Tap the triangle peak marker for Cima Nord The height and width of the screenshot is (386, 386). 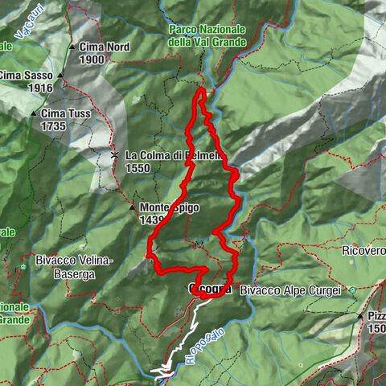(x=71, y=47)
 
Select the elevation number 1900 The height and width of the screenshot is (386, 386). (x=92, y=60)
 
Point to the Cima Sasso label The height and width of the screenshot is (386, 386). (x=23, y=76)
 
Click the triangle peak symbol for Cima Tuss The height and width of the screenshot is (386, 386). (x=33, y=114)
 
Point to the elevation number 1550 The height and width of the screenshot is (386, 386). (x=138, y=167)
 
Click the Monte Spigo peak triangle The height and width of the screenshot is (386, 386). (x=132, y=207)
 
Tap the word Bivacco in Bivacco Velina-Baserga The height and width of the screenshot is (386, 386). (x=54, y=261)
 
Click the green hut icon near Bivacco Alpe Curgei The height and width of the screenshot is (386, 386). (x=351, y=289)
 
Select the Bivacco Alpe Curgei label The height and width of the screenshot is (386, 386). (x=290, y=289)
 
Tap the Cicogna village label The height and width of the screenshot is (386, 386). (x=210, y=288)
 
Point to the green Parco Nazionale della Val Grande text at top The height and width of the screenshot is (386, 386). (x=201, y=35)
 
